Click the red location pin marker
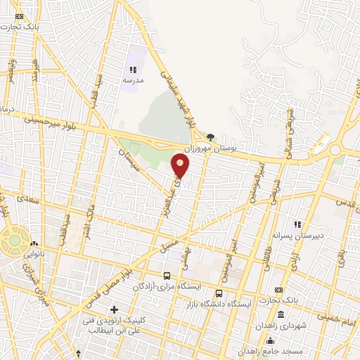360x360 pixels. point(181,166)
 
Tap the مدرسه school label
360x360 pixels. point(133,80)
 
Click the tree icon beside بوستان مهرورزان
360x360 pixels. point(210,137)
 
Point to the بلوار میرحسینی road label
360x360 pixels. point(28,120)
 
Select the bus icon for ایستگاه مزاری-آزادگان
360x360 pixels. point(167,276)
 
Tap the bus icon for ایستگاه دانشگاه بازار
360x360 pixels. point(219,293)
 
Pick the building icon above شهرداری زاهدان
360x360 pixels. point(281,314)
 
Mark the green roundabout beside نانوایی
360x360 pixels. point(14,240)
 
